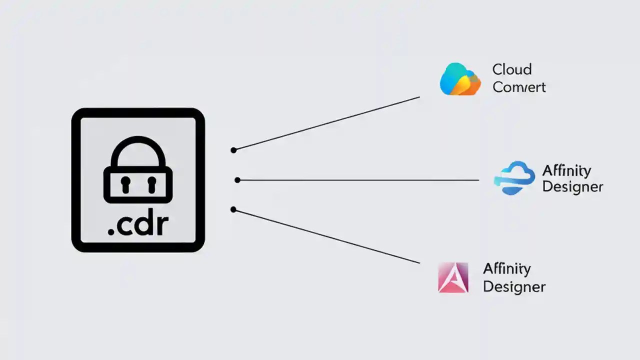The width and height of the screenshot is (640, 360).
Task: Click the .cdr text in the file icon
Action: coord(138,225)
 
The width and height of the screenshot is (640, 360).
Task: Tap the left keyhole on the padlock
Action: coord(124,184)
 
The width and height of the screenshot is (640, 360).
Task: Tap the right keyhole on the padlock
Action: coord(151,184)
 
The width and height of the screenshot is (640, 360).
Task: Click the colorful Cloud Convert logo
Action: coord(459,79)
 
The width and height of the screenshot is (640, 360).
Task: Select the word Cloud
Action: coord(511,69)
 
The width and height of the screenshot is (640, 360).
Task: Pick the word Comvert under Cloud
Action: coord(518,87)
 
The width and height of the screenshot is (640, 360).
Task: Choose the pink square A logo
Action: coord(453,277)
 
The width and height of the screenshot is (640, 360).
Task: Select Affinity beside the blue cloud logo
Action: coord(566,170)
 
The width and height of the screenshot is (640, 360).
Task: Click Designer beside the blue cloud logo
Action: coord(572,187)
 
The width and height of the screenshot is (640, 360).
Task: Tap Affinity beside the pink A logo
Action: coord(506,269)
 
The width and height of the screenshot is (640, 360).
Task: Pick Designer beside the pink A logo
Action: coord(514,287)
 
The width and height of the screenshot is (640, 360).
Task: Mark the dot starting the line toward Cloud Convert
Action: coord(233,150)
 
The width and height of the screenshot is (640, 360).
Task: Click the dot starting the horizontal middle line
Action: coord(237,180)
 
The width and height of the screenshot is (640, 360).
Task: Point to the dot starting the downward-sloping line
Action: coord(233,209)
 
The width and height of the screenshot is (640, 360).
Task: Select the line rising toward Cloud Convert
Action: coord(326,123)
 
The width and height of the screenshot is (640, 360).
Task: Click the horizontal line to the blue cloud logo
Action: coord(357,180)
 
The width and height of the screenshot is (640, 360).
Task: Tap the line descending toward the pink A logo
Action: coord(326,236)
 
